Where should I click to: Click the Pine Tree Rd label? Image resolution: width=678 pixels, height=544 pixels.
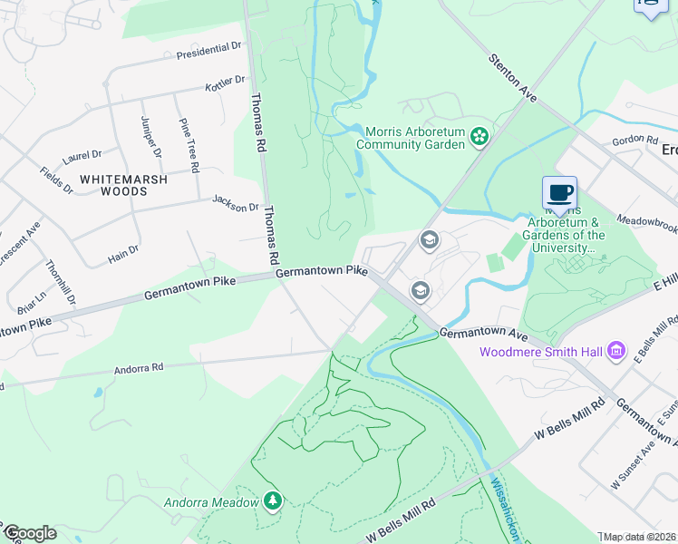point(189,145)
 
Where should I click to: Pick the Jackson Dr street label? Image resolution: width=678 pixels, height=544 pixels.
point(236,203)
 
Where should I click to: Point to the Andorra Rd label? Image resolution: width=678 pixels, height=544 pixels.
point(138,369)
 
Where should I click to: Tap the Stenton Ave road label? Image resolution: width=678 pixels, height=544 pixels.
point(513,78)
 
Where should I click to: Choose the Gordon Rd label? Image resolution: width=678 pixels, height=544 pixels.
point(634,140)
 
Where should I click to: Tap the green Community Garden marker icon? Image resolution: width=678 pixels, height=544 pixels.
point(479,138)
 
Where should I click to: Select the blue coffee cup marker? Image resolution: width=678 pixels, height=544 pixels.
point(559,192)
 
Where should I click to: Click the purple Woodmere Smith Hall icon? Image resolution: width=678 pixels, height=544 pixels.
point(616,350)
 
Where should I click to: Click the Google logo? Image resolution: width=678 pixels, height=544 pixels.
point(30,533)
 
